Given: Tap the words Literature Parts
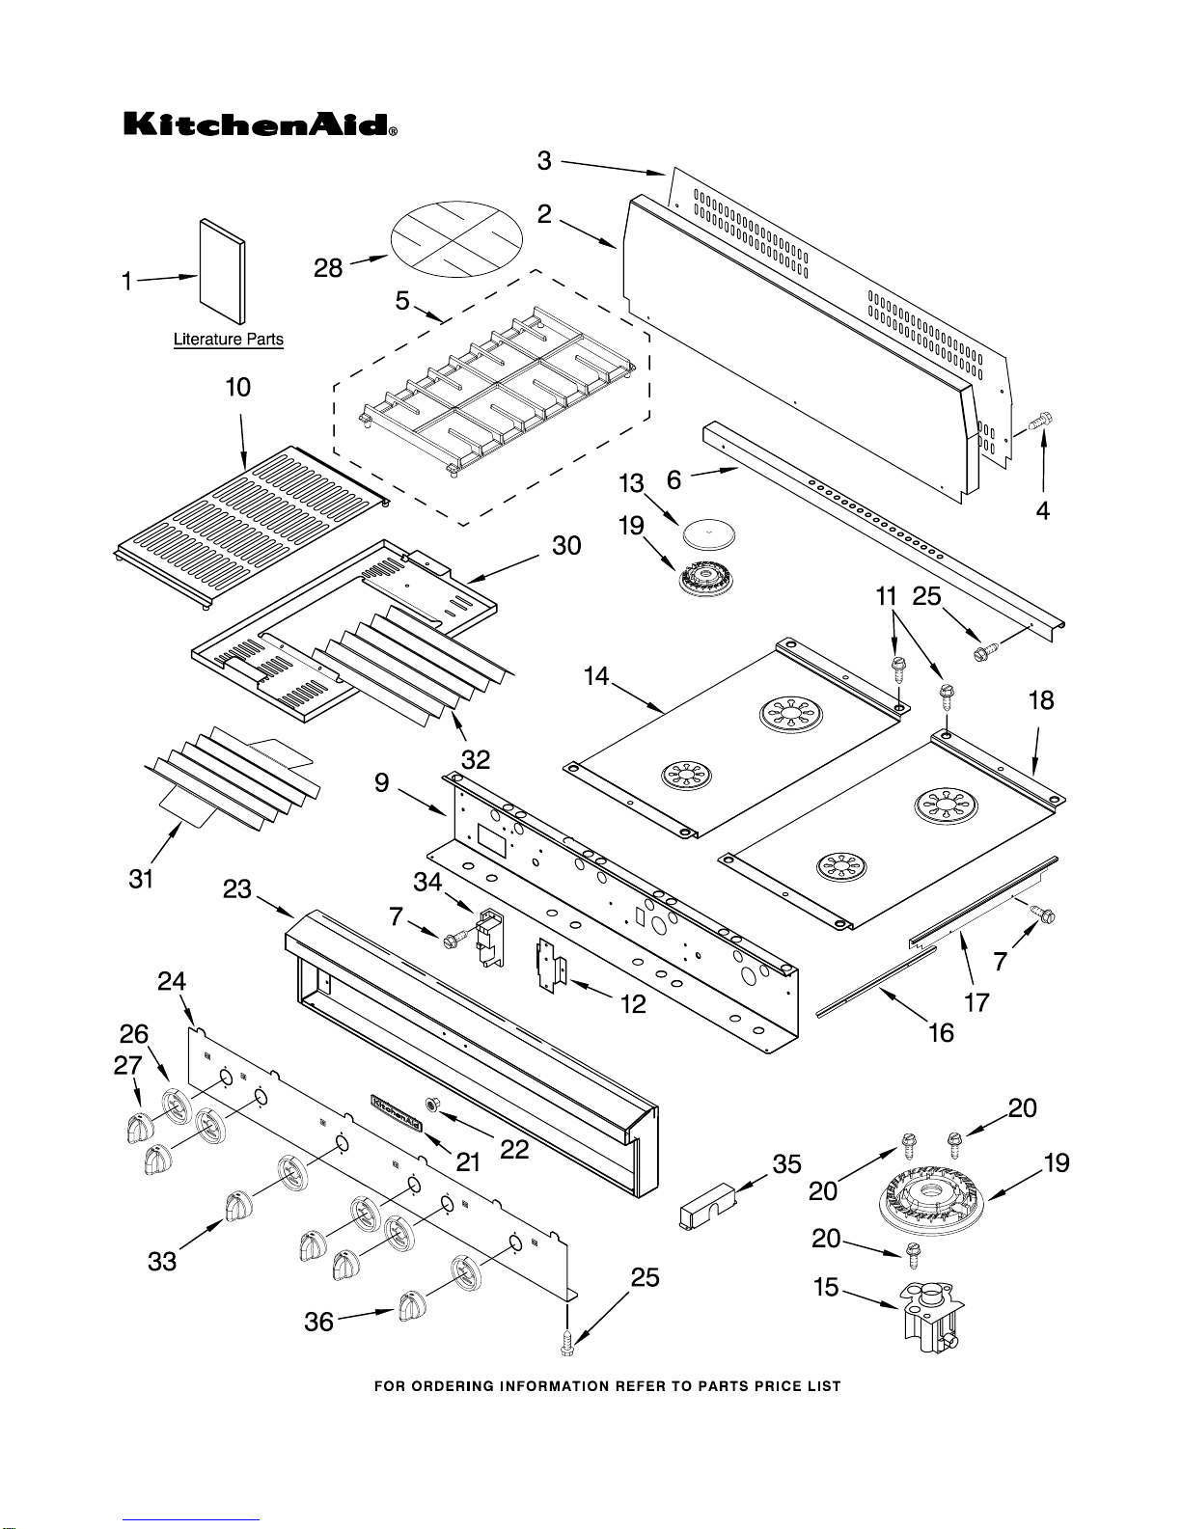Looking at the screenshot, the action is coord(229,340).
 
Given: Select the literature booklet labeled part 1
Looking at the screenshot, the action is coord(223,271).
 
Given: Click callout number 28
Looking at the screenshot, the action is coord(328,268).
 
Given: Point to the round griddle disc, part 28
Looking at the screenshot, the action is coord(456,238).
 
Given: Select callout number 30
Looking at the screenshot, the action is coord(566,545).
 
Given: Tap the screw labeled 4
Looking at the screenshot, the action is coord(1039,421).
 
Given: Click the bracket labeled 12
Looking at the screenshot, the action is coord(549,965).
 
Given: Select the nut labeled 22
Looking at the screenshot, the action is coord(432,1104).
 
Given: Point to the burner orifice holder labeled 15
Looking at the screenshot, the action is coord(930,1317).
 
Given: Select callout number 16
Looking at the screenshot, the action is coord(942,1033).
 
